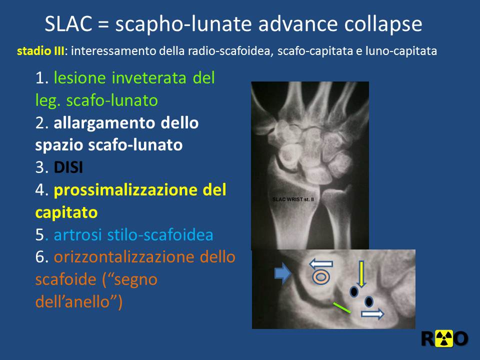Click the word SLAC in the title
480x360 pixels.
click(x=68, y=24)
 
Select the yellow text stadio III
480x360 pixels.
click(x=40, y=51)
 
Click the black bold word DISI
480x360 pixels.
click(x=68, y=167)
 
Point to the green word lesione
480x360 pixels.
click(x=80, y=78)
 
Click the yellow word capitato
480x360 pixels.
click(x=66, y=213)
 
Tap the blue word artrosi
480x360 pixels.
click(x=78, y=235)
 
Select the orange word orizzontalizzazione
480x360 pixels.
click(x=126, y=257)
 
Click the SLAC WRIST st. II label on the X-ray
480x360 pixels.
click(x=293, y=199)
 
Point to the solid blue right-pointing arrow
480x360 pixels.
click(x=282, y=273)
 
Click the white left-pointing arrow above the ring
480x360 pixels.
click(x=321, y=263)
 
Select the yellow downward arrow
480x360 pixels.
click(x=361, y=274)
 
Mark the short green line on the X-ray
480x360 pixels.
click(x=341, y=307)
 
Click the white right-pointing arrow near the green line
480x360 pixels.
click(x=372, y=314)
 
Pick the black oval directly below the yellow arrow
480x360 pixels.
click(x=354, y=291)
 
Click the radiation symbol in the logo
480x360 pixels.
click(x=444, y=339)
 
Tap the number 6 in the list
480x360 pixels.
click(x=40, y=257)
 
